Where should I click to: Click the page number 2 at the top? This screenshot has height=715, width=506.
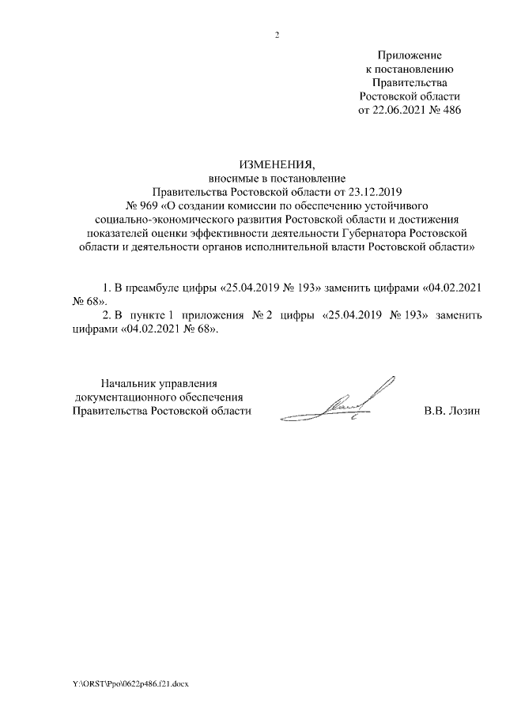click(x=277, y=33)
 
